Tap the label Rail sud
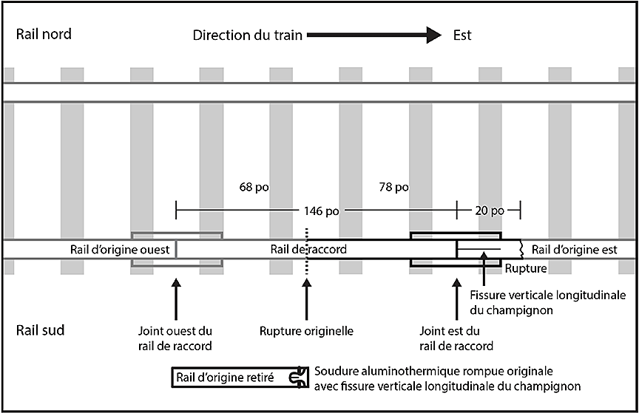pyautogui.click(x=40, y=330)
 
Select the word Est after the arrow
pyautogui.click(x=462, y=35)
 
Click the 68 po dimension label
pyautogui.click(x=250, y=187)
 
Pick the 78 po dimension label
pyautogui.click(x=393, y=187)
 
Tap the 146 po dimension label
pyautogui.click(x=321, y=211)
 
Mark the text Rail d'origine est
pyautogui.click(x=575, y=249)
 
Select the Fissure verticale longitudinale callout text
pyautogui.click(x=547, y=303)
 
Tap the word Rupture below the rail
pyautogui.click(x=526, y=268)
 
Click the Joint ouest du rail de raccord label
pyautogui.click(x=175, y=338)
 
